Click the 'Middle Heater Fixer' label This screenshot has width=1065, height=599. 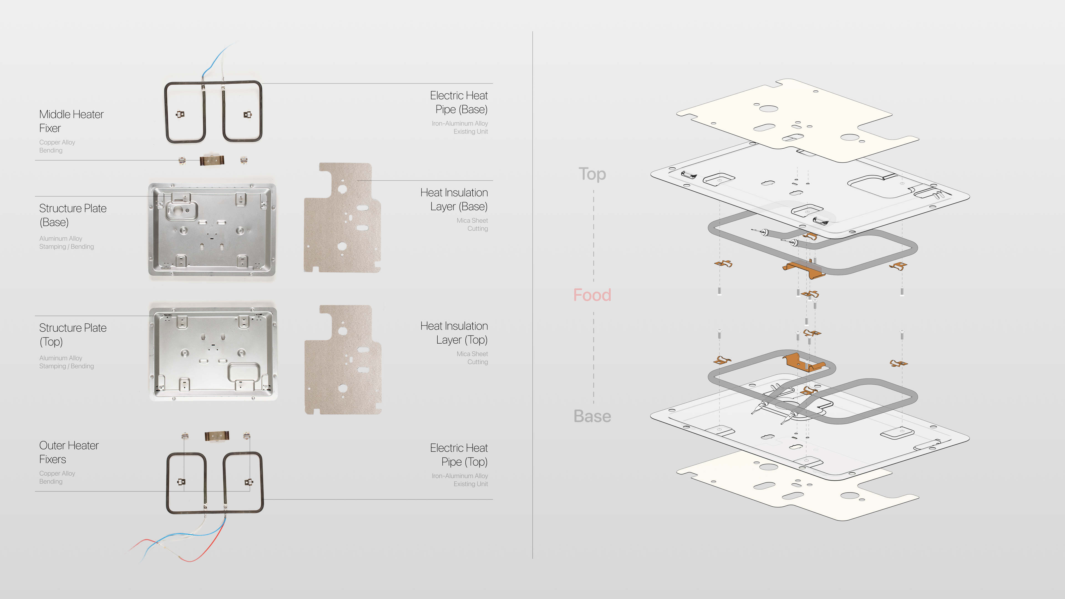(71, 121)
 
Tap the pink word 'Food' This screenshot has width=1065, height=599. (592, 295)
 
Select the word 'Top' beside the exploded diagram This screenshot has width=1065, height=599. (592, 174)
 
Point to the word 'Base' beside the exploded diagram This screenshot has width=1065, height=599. (592, 416)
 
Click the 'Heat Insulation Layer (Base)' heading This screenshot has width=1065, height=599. (454, 199)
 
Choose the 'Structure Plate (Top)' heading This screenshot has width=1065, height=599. (73, 334)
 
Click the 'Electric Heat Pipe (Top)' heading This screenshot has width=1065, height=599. (459, 455)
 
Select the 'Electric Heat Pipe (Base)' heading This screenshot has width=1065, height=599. (459, 102)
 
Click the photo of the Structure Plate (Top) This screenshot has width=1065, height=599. (213, 354)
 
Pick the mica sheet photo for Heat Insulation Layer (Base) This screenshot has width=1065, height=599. (342, 218)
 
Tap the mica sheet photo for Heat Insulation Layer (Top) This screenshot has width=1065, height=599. (343, 360)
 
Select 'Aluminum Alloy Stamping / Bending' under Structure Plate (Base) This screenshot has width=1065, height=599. (67, 243)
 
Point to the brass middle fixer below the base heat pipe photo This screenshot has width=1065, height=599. (212, 160)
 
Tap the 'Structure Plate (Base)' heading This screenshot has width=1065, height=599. (73, 215)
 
